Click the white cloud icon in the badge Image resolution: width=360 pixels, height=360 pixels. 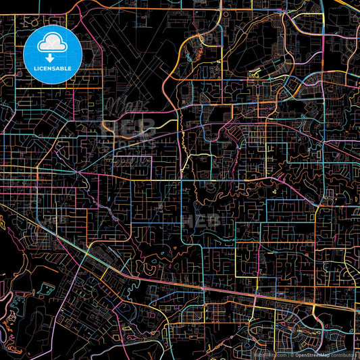(53, 45)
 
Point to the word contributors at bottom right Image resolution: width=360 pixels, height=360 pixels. (343, 354)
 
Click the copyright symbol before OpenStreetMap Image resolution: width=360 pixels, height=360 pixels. (292, 354)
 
